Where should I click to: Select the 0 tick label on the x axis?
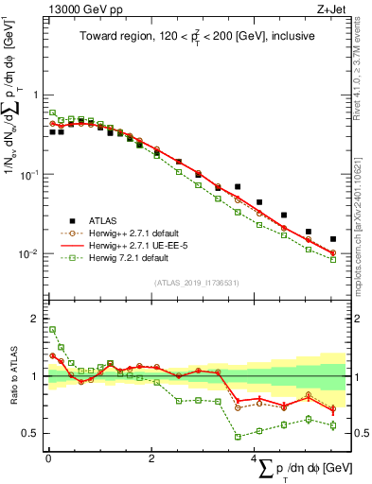click(48, 458)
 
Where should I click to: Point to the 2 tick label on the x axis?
click(151, 458)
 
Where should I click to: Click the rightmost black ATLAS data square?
click(333, 239)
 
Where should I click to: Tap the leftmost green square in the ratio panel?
click(52, 330)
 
